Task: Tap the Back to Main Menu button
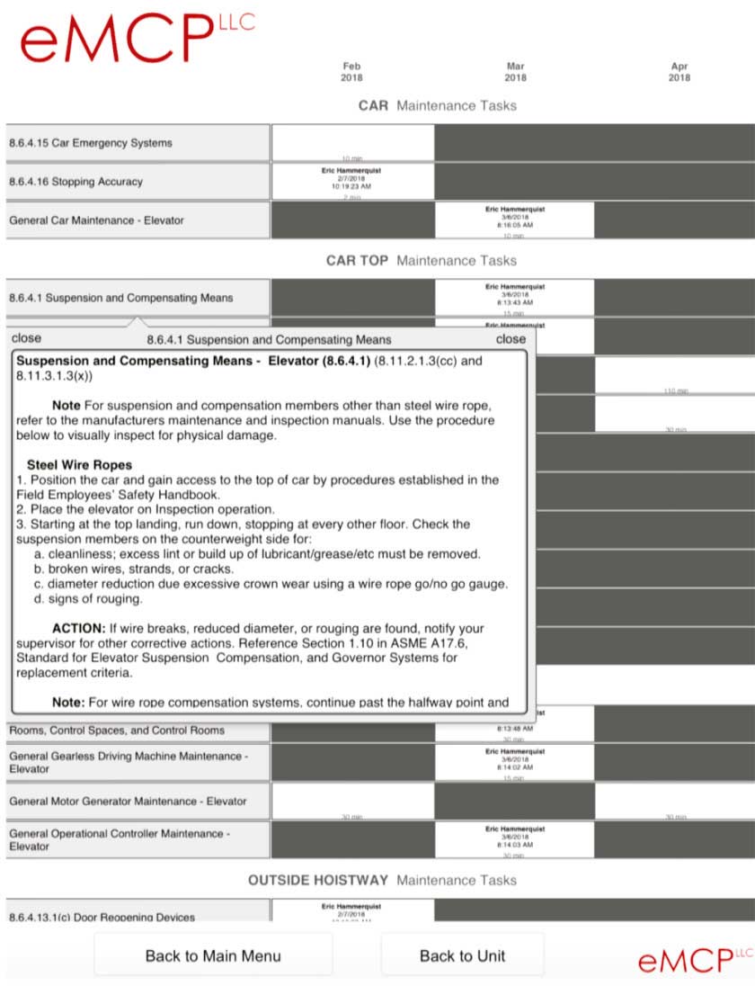[x=213, y=955]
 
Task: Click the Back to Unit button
[x=462, y=955]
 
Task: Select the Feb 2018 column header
[x=351, y=72]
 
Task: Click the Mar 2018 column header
[x=515, y=72]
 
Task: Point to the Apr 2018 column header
[x=679, y=72]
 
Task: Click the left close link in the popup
[x=26, y=338]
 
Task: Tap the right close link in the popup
[x=511, y=339]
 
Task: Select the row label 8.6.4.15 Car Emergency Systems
[x=91, y=143]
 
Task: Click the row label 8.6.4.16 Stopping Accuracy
[x=76, y=182]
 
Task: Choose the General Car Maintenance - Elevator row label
[x=96, y=220]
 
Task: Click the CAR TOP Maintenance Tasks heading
[x=421, y=261]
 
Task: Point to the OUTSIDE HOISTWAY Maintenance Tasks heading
[x=382, y=880]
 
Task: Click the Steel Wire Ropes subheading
[x=80, y=465]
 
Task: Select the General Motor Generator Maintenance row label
[x=128, y=801]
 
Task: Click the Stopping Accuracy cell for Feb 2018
[x=351, y=182]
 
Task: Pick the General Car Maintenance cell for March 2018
[x=514, y=220]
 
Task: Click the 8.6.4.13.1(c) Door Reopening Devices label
[x=102, y=917]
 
